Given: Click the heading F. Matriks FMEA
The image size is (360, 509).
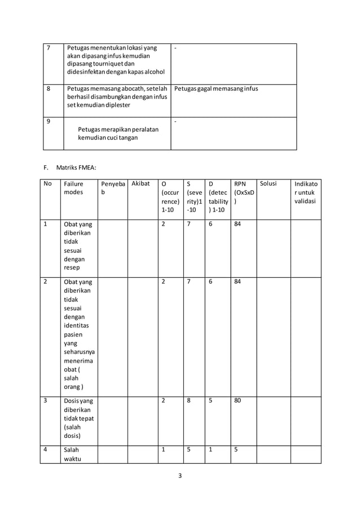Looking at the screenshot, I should pyautogui.click(x=71, y=168).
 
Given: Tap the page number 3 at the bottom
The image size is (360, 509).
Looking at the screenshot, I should pyautogui.click(x=180, y=475).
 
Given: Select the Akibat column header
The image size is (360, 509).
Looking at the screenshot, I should pyautogui.click(x=140, y=184).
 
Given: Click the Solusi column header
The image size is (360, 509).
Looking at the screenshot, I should pyautogui.click(x=268, y=184).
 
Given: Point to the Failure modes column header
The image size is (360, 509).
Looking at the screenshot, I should pyautogui.click(x=74, y=188).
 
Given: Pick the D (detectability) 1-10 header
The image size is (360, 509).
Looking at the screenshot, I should pyautogui.click(x=218, y=196).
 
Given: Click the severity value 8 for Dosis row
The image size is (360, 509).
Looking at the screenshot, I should pyautogui.click(x=189, y=401).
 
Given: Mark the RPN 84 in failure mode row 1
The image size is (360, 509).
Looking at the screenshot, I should pyautogui.click(x=239, y=224).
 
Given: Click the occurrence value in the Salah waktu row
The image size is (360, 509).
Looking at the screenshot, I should pyautogui.click(x=164, y=450).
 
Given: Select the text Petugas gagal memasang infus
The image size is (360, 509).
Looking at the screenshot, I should pyautogui.click(x=216, y=89).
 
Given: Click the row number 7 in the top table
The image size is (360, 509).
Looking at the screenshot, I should pyautogui.click(x=49, y=48).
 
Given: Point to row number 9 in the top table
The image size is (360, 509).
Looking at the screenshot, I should pyautogui.click(x=49, y=121).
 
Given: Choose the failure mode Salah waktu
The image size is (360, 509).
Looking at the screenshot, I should pyautogui.click(x=72, y=455).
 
